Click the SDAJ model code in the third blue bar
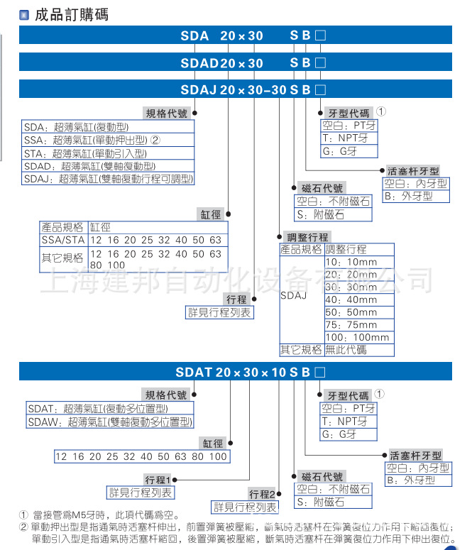click(x=199, y=90)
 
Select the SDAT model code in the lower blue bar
click(x=194, y=372)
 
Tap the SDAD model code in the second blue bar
click(x=199, y=63)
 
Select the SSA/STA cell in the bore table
click(x=63, y=240)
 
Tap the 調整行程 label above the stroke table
click(x=307, y=237)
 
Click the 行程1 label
click(x=158, y=480)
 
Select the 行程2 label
click(x=261, y=494)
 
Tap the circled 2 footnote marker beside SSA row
click(x=155, y=140)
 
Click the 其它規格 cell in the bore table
click(x=63, y=258)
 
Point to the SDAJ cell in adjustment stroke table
click(x=294, y=294)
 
